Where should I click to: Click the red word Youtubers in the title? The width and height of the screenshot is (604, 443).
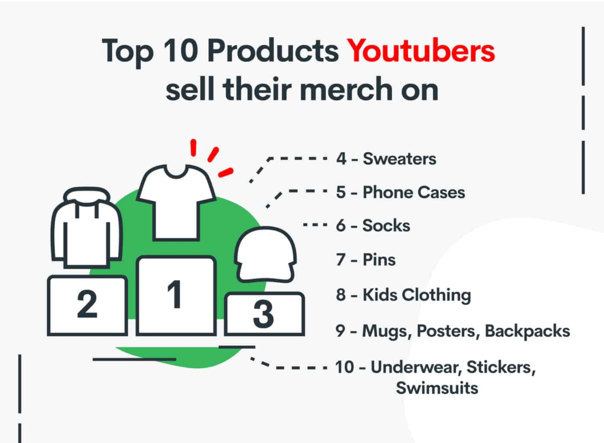pyautogui.click(x=421, y=51)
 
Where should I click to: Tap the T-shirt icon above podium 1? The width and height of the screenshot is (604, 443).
pyautogui.click(x=176, y=201)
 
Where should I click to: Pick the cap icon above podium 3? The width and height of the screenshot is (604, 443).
pyautogui.click(x=265, y=254)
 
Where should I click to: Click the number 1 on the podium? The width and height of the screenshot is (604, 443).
pyautogui.click(x=175, y=295)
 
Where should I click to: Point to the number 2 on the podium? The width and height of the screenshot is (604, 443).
pyautogui.click(x=87, y=305)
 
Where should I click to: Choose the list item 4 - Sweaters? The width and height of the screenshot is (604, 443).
pyautogui.click(x=386, y=159)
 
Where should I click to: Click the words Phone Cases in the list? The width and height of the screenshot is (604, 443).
pyautogui.click(x=413, y=192)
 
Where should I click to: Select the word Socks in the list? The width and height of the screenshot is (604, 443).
pyautogui.click(x=386, y=226)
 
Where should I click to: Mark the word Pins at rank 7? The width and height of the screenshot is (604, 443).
pyautogui.click(x=379, y=260)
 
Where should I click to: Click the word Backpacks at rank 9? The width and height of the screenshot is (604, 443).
pyautogui.click(x=527, y=331)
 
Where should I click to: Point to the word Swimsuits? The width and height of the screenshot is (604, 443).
pyautogui.click(x=436, y=388)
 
